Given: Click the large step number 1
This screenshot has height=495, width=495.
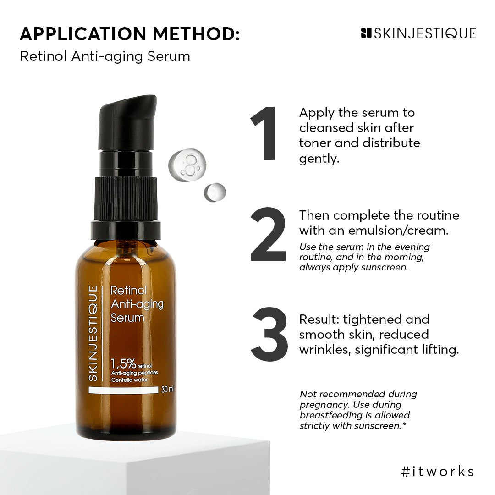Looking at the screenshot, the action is click(x=264, y=133).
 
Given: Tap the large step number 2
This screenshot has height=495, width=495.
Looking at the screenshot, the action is click(x=268, y=234).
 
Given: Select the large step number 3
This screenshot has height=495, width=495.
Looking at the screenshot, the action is click(x=269, y=334).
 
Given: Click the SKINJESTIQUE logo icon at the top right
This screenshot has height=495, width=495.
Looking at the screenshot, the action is click(x=366, y=33).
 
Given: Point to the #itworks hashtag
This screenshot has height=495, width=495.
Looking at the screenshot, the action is click(x=438, y=471).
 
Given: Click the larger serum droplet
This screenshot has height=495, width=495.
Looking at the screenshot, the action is click(x=187, y=165).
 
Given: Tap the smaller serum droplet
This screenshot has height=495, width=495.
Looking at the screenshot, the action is click(x=214, y=192).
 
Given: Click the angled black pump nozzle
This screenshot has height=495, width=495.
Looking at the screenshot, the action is click(x=128, y=121).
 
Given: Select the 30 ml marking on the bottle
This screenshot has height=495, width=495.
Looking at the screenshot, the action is click(x=167, y=390).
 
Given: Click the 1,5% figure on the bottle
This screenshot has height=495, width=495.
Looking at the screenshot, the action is click(x=123, y=364).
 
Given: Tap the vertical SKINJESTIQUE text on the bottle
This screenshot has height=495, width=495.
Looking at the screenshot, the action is click(x=93, y=333).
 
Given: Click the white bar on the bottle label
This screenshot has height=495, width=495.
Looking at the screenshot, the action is click(x=123, y=390).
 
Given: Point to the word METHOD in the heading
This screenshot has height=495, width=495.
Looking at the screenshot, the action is click(x=196, y=34).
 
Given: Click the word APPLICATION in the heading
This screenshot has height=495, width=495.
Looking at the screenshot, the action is click(x=83, y=34).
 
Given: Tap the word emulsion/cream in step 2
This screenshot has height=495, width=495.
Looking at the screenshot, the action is click(x=398, y=231).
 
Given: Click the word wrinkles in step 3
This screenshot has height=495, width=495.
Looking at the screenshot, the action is click(x=325, y=350).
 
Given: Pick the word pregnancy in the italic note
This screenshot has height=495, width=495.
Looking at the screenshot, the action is click(x=324, y=405).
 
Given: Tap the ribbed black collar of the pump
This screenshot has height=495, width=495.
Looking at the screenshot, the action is click(x=126, y=199).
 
